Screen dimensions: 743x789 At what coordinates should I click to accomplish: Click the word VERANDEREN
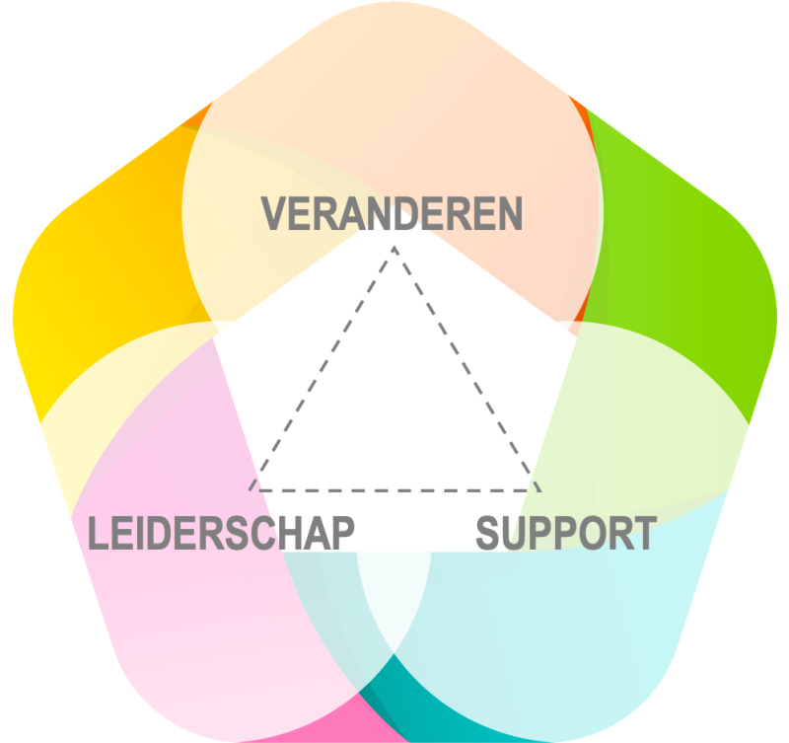pyautogui.click(x=392, y=213)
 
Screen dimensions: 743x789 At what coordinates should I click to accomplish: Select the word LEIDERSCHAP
pyautogui.click(x=221, y=533)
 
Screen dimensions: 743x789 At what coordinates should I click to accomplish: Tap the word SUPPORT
pyautogui.click(x=566, y=533)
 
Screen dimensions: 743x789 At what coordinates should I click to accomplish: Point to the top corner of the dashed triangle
pyautogui.click(x=394, y=246)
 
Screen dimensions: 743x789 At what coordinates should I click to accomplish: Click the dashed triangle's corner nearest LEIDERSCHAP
pyautogui.click(x=252, y=488)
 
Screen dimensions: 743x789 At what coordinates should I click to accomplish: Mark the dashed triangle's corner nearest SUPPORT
pyautogui.click(x=538, y=488)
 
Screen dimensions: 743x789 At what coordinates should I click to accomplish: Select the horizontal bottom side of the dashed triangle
pyautogui.click(x=394, y=489)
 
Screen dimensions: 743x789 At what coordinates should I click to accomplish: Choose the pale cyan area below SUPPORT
pyautogui.click(x=572, y=632)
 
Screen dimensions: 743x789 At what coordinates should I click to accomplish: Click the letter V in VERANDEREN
pyautogui.click(x=273, y=213)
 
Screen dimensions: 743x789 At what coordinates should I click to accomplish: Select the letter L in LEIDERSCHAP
pyautogui.click(x=97, y=533)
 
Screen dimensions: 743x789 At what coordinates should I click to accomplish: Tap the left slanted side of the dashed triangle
pyautogui.click(x=323, y=367)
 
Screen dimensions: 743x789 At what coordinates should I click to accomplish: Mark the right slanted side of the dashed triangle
pyautogui.click(x=466, y=367)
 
